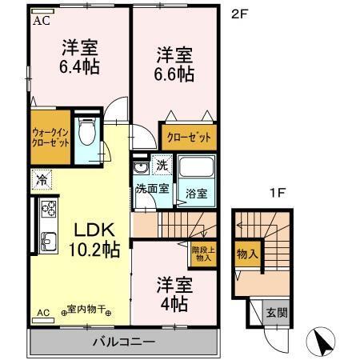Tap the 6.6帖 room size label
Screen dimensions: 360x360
173,74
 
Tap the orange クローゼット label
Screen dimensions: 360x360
188,137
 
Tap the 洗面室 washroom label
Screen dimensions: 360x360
151,190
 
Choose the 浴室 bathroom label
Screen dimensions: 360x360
197,193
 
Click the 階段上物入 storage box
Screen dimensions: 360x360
202,254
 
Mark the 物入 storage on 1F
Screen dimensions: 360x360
247,254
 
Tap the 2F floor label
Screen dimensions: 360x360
238,14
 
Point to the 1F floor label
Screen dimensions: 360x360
277,193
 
